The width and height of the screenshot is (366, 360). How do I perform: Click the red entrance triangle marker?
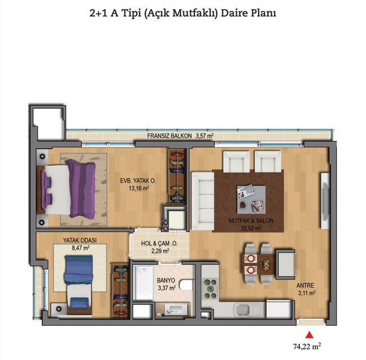[309, 335]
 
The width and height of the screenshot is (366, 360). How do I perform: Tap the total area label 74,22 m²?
[307, 347]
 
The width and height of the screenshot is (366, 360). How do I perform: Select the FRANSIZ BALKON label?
[169, 136]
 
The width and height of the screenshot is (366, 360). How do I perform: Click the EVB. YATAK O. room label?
[138, 181]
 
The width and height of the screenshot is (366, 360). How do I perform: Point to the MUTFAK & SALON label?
[251, 221]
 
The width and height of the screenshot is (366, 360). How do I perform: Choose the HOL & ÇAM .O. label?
[160, 244]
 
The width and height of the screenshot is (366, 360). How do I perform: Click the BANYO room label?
[166, 280]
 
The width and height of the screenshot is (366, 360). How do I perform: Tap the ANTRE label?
[305, 285]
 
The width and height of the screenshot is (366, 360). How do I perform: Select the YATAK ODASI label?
[80, 240]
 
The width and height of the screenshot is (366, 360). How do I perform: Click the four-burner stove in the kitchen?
[210, 289]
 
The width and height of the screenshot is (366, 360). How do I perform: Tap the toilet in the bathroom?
[186, 285]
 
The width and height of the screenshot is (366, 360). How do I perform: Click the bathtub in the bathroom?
[143, 283]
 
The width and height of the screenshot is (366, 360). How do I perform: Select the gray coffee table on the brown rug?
[251, 199]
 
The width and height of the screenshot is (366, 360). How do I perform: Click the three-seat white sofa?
[202, 201]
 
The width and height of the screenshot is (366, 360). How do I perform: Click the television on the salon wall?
[325, 200]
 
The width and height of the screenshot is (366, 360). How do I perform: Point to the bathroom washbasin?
[175, 309]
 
